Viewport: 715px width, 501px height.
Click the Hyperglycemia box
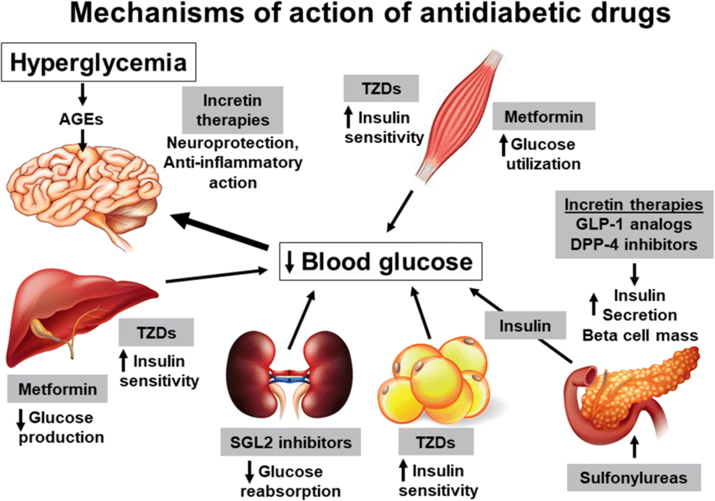(x=101, y=63)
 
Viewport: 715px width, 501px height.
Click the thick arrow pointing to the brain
(x=222, y=229)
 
